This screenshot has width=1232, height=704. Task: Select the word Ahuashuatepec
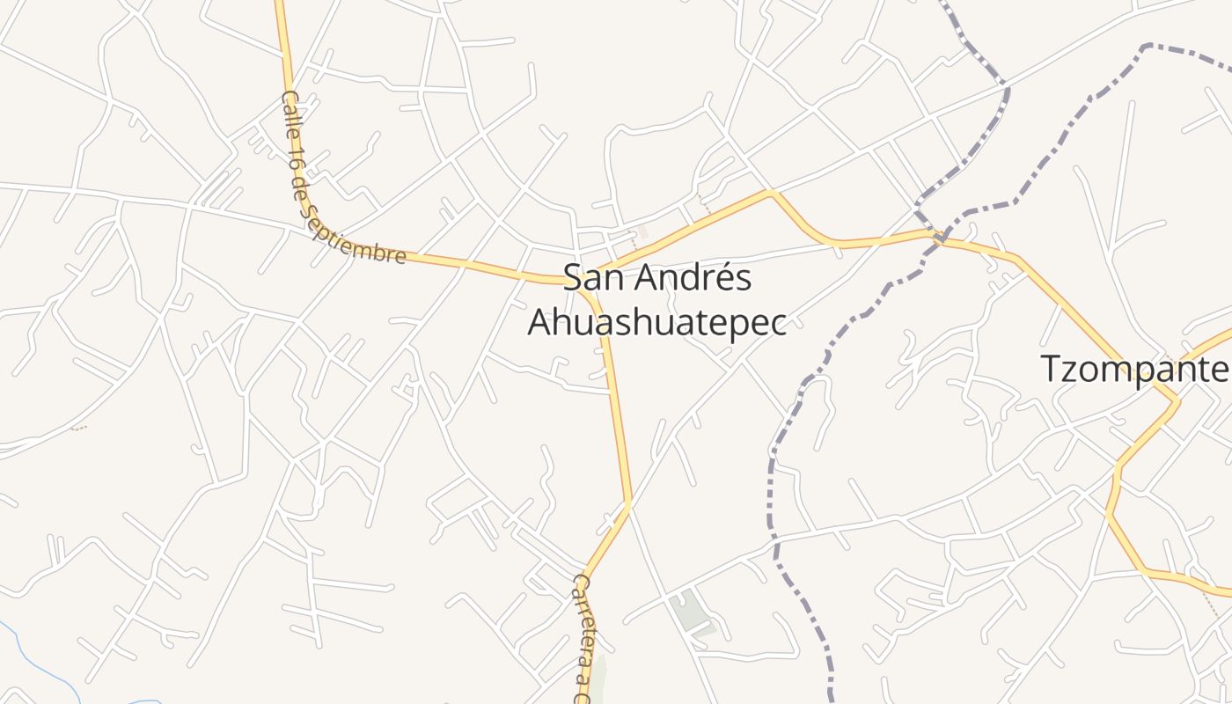point(656,323)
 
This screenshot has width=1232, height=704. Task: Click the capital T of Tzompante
point(1051,369)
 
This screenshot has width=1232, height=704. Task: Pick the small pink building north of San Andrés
point(642,231)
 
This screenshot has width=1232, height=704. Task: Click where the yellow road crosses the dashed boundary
point(938,235)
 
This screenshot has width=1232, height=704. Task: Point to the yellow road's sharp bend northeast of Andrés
point(770,192)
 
